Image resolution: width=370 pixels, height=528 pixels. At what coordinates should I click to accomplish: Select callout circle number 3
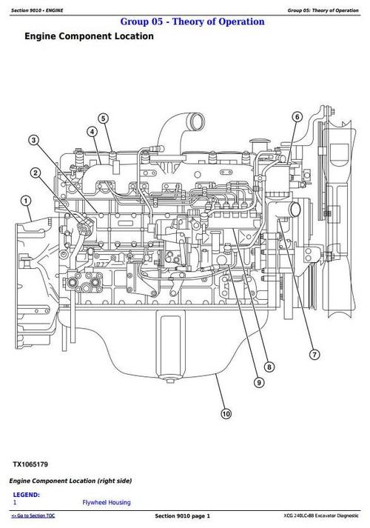(x=34, y=139)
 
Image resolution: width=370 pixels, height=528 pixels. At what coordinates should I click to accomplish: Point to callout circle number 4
(x=92, y=133)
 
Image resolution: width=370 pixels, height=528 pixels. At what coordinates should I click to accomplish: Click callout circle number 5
(x=103, y=118)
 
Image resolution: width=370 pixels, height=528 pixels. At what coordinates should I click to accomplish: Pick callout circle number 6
(x=297, y=117)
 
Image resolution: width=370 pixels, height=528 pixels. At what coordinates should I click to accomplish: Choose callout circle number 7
(x=314, y=353)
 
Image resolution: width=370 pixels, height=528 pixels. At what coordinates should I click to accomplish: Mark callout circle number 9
(x=259, y=382)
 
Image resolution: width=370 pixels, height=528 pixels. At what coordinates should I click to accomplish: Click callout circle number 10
(x=226, y=413)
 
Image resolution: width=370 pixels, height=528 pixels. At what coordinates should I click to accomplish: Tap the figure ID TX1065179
(x=30, y=464)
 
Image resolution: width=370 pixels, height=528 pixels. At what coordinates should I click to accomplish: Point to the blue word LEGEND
(x=27, y=494)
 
